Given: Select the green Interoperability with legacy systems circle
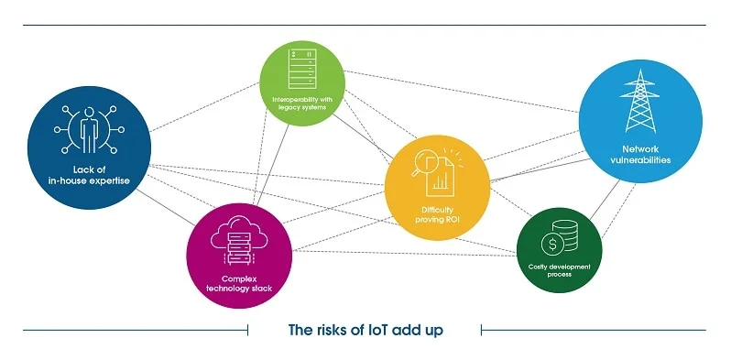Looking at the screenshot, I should (x=302, y=83).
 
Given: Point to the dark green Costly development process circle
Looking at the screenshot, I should (x=559, y=248).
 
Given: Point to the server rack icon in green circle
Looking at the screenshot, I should (x=302, y=69).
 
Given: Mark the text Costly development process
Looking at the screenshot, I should (x=559, y=270).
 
